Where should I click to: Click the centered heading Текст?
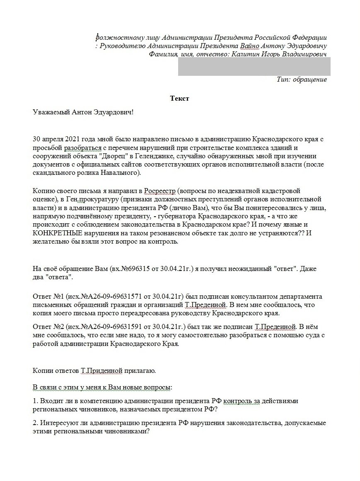[x=179, y=98]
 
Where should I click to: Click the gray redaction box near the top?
[x=254, y=66]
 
